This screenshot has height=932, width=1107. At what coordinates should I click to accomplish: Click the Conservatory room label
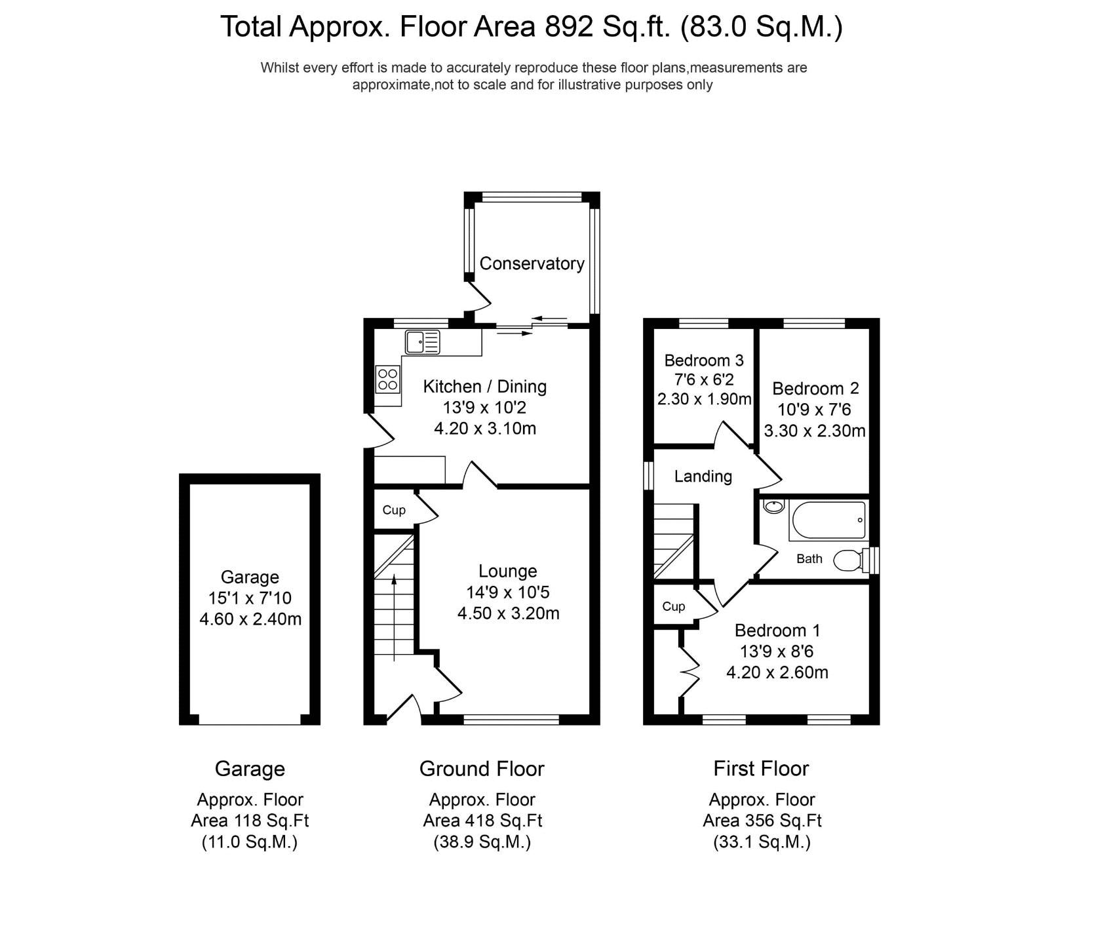532,263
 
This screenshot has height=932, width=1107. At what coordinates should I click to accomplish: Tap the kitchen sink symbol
423,342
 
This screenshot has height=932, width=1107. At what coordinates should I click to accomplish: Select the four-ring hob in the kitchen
388,379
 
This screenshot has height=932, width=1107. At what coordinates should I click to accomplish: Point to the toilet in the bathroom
849,560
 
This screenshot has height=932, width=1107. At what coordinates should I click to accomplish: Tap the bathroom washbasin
775,506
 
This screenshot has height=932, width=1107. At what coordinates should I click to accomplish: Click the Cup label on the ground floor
394,510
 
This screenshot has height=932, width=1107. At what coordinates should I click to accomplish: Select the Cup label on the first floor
673,606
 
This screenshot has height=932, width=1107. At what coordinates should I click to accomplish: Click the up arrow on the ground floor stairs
394,616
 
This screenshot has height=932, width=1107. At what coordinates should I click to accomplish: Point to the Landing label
703,476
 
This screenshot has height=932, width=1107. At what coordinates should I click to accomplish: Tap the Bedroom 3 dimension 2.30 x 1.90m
704,399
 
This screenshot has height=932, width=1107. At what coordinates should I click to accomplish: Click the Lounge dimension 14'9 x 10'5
507,592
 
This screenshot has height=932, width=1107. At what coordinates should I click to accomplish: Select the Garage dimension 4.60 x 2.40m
250,619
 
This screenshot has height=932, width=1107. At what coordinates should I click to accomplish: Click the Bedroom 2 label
815,389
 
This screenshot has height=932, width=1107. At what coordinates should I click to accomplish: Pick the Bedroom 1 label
777,631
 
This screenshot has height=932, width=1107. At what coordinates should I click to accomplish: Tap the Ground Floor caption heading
482,769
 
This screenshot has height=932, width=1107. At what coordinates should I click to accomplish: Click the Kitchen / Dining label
484,387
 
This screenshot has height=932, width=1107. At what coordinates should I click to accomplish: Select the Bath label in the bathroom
809,559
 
